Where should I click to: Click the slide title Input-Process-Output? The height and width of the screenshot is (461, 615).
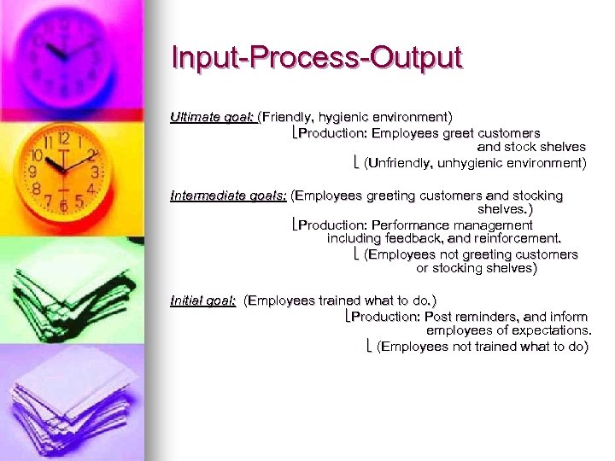(316, 58)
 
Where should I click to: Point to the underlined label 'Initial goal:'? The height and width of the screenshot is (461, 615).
(203, 301)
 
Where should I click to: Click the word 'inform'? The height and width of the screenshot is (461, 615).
(571, 317)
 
